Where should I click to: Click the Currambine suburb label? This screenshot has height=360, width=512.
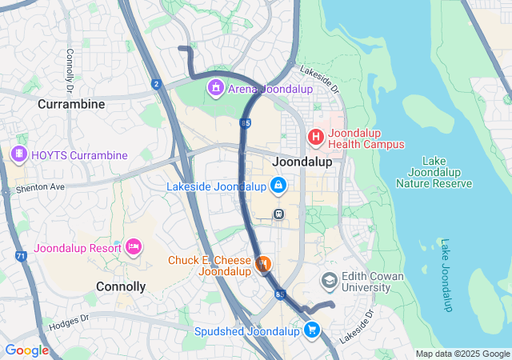coord(71,104)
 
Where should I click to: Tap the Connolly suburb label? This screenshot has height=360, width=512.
coord(121,286)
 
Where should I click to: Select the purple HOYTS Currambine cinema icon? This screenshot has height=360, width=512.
coord(18,154)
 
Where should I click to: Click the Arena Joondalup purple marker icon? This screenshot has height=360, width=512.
coord(215,88)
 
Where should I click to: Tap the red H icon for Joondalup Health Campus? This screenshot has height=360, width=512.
coord(316,137)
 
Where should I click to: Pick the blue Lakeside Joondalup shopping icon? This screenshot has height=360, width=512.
coord(277,186)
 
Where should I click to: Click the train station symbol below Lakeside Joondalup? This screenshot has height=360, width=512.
coord(278,214)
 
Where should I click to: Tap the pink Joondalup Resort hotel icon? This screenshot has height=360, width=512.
coord(134,246)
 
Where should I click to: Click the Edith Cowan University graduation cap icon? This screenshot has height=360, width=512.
coord(329,280)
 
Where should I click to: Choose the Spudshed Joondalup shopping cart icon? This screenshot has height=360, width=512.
coord(312,329)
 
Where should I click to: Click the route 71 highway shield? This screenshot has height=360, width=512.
coord(21,256)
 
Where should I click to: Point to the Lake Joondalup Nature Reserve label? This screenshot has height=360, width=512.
coord(434,172)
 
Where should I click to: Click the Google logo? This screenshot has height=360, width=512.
coord(26,350)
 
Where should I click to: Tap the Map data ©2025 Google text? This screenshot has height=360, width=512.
coord(462,354)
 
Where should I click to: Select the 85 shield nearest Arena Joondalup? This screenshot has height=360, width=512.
coord(244,122)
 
